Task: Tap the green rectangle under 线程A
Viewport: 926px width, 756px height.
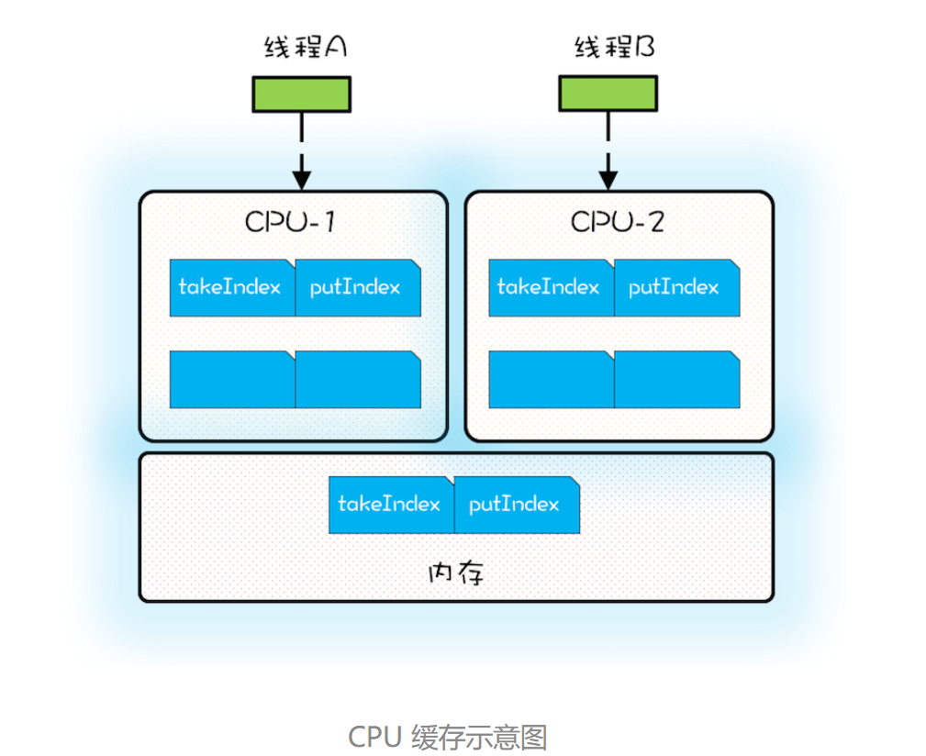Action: tap(302, 94)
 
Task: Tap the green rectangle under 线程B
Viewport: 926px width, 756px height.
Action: tap(608, 94)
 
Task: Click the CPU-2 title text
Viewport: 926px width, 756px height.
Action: tap(617, 222)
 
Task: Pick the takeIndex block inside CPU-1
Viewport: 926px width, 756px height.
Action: tap(231, 288)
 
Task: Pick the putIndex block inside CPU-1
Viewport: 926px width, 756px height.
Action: tap(357, 288)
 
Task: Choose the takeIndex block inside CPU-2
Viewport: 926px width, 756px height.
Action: tap(550, 288)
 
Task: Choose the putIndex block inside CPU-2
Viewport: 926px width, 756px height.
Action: tap(675, 288)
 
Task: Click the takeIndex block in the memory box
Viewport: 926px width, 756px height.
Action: tap(390, 505)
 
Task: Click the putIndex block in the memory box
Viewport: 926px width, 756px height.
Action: tap(516, 505)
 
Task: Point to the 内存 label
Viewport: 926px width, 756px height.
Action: tap(455, 573)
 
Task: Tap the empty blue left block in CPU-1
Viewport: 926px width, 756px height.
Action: tap(231, 380)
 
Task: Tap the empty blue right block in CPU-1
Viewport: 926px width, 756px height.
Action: tap(357, 380)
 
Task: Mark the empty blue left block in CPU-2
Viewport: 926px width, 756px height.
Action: tap(550, 380)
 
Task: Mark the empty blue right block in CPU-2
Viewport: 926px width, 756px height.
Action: tap(675, 380)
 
